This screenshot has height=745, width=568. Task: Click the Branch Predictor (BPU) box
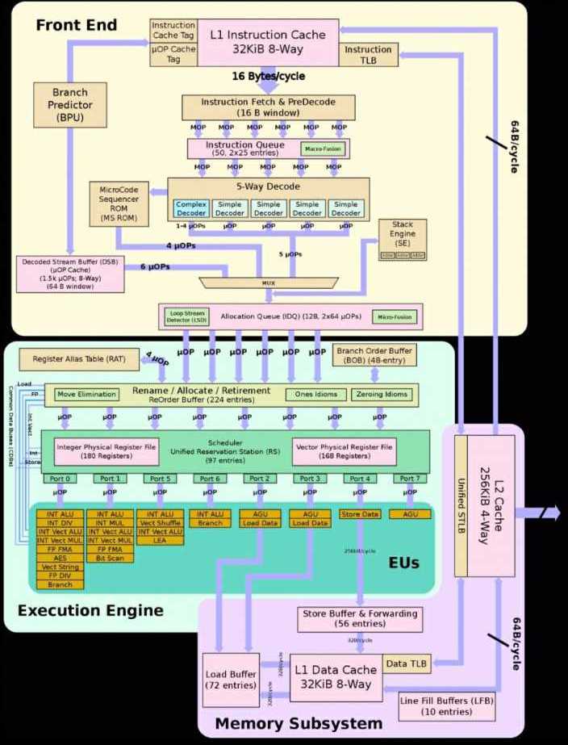69,104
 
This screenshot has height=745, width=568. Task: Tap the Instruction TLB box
368,55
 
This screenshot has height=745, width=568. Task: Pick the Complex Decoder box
191,208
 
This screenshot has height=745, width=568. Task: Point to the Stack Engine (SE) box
403,240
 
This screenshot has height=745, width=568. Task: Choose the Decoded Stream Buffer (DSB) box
69,274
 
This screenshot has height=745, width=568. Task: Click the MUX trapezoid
268,283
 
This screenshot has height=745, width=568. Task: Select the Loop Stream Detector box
186,316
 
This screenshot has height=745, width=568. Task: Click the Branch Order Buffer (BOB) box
374,356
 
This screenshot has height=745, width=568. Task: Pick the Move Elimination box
87,395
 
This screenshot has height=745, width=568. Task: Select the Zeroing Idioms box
381,395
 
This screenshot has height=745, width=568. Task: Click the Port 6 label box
209,479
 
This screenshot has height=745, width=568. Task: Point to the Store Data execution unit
358,514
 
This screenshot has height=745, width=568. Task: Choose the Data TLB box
406,663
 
